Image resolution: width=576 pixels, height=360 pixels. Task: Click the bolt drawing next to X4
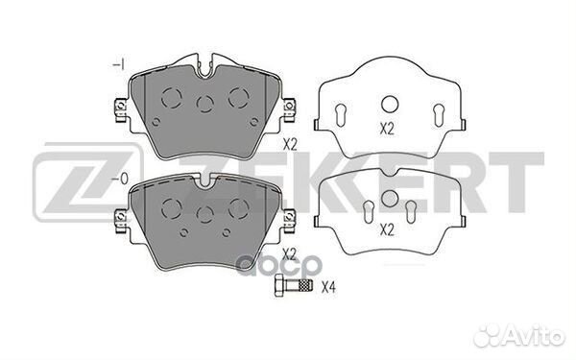point(293,286)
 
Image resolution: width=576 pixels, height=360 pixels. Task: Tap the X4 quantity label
point(328,287)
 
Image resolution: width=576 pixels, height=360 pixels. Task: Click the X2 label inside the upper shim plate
point(387,129)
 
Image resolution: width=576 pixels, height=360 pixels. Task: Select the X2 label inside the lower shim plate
point(387,230)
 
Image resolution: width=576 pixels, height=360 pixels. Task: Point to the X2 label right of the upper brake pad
point(290,145)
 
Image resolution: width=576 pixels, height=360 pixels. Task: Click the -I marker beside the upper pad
point(119,65)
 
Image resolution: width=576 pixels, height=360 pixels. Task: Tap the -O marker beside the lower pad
point(120,179)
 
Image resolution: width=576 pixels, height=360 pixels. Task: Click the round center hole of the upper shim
point(390,104)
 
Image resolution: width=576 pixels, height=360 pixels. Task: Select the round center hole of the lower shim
point(390,199)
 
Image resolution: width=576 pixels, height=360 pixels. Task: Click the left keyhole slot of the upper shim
point(341,114)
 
